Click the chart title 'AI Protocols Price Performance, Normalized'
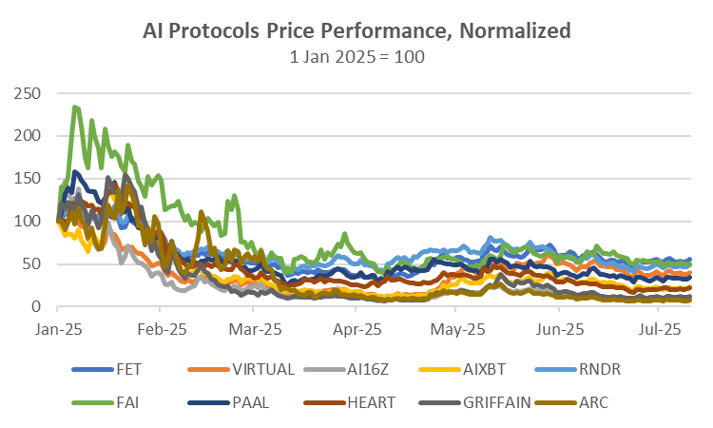click(356, 31)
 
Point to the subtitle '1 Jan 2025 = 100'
click(356, 57)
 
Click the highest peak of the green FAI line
click(75, 107)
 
